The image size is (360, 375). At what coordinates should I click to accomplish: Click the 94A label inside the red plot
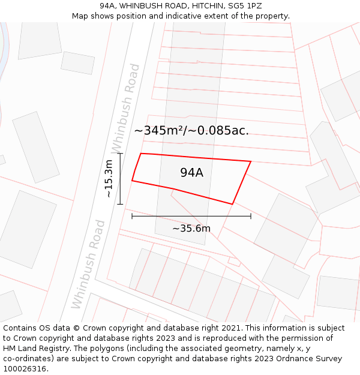(x=191, y=173)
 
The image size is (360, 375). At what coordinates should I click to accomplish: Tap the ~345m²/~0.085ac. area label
(x=191, y=131)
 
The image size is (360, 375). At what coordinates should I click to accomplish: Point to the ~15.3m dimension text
(x=108, y=178)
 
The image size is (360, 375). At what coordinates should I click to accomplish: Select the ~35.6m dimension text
(x=191, y=229)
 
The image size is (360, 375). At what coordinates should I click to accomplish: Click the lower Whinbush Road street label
(x=88, y=264)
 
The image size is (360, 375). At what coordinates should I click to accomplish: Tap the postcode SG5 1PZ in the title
(x=245, y=6)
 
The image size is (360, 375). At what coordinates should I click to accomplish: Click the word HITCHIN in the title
(x=204, y=6)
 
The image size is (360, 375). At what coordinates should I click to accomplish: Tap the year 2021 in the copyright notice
(x=231, y=328)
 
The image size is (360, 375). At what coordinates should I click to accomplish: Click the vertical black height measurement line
(x=120, y=179)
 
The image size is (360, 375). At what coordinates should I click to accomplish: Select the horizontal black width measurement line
(x=191, y=216)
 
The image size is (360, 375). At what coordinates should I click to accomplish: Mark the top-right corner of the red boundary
(x=250, y=161)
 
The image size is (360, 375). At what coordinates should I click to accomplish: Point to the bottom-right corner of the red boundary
(x=232, y=204)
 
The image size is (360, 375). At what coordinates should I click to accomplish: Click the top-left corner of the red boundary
(x=141, y=154)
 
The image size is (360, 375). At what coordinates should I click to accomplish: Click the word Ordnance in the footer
(x=288, y=359)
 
